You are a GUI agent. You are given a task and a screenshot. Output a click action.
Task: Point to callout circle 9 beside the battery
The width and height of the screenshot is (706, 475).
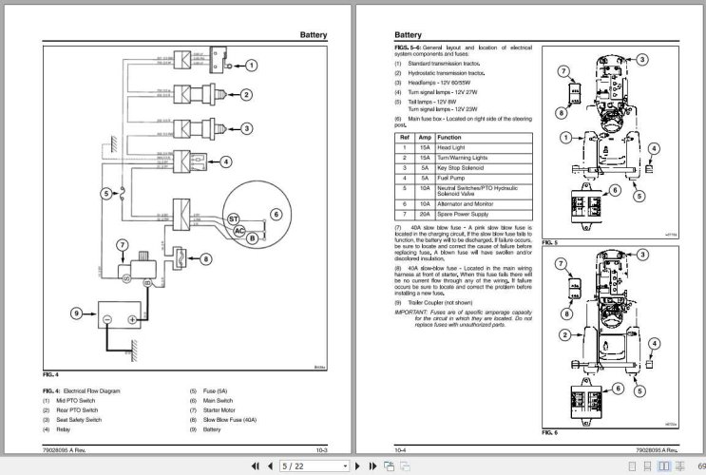(x=77, y=313)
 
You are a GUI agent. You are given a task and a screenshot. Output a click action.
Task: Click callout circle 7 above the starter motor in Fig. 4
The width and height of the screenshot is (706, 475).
(x=122, y=245)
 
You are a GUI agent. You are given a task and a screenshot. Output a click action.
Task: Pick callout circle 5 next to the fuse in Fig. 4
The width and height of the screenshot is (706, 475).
(x=107, y=193)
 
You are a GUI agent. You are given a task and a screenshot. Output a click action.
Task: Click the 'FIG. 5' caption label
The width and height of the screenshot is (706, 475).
(x=549, y=242)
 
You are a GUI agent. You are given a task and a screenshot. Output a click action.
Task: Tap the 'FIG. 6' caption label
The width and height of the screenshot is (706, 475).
(x=549, y=431)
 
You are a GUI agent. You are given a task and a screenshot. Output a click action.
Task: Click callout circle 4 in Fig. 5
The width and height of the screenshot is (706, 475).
(x=654, y=148)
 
